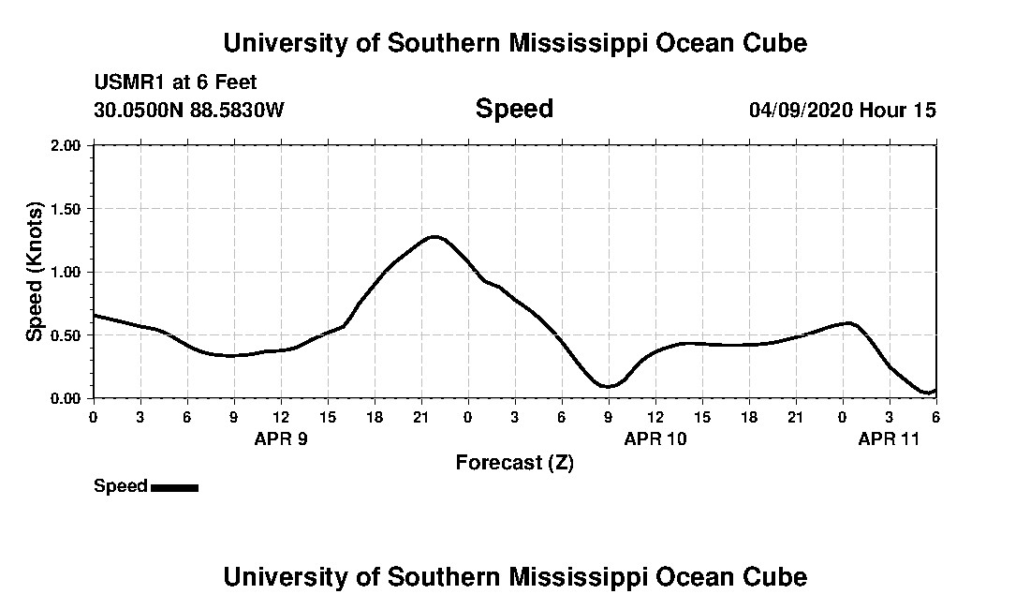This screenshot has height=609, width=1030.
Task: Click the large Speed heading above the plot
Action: pyautogui.click(x=514, y=109)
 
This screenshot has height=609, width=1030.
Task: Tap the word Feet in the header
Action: pyautogui.click(x=234, y=82)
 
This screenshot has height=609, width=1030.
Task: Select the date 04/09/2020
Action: pyautogui.click(x=801, y=110)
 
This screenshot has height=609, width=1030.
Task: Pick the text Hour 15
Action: pyautogui.click(x=898, y=110)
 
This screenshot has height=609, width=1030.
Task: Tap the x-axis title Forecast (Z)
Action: pyautogui.click(x=514, y=462)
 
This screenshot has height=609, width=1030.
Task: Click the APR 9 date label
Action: pyautogui.click(x=281, y=438)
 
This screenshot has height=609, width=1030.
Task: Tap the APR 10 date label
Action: pyautogui.click(x=655, y=438)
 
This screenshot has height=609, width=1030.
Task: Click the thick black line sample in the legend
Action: pyautogui.click(x=174, y=487)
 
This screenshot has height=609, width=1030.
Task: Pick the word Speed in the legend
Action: pyautogui.click(x=121, y=486)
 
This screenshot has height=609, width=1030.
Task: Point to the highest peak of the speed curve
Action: pyautogui.click(x=434, y=236)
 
